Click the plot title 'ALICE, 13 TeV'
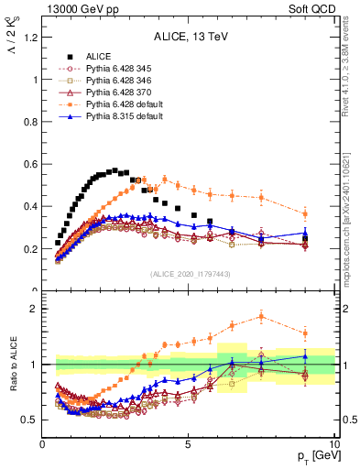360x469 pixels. pos(189,38)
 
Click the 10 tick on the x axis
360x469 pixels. pos(333,443)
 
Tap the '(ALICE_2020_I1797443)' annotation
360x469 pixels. pos(189,274)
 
